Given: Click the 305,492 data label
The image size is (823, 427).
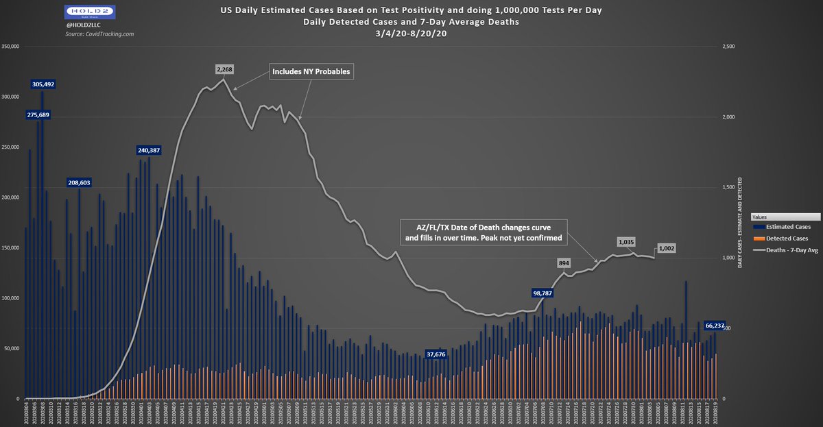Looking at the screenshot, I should pyautogui.click(x=43, y=84).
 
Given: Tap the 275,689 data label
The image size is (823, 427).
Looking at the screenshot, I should pyautogui.click(x=38, y=114).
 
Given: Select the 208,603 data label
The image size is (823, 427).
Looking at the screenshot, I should pyautogui.click(x=79, y=182).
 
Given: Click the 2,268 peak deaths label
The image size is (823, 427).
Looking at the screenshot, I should pyautogui.click(x=224, y=69).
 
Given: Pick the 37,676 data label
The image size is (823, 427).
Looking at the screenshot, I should pyautogui.click(x=436, y=354).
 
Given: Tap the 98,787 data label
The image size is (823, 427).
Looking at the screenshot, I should pyautogui.click(x=543, y=293).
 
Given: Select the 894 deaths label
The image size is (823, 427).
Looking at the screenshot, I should pyautogui.click(x=564, y=262).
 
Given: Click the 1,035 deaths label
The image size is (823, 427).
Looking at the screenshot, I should pyautogui.click(x=626, y=242).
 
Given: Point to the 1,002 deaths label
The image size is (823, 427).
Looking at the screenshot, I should pyautogui.click(x=667, y=247).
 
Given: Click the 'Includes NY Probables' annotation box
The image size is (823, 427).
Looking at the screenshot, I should pyautogui.click(x=311, y=71).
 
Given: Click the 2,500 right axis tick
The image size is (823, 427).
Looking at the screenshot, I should pyautogui.click(x=726, y=47).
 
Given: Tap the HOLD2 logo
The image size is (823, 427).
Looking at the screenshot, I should pyautogui.click(x=88, y=12).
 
